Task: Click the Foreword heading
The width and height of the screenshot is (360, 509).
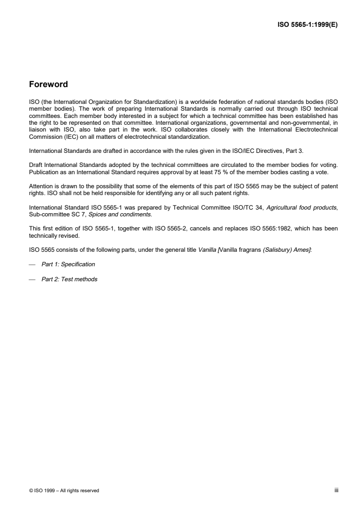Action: [48, 84]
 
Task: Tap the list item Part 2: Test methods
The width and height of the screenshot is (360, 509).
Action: [69, 279]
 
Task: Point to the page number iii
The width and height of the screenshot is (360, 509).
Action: [335, 490]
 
